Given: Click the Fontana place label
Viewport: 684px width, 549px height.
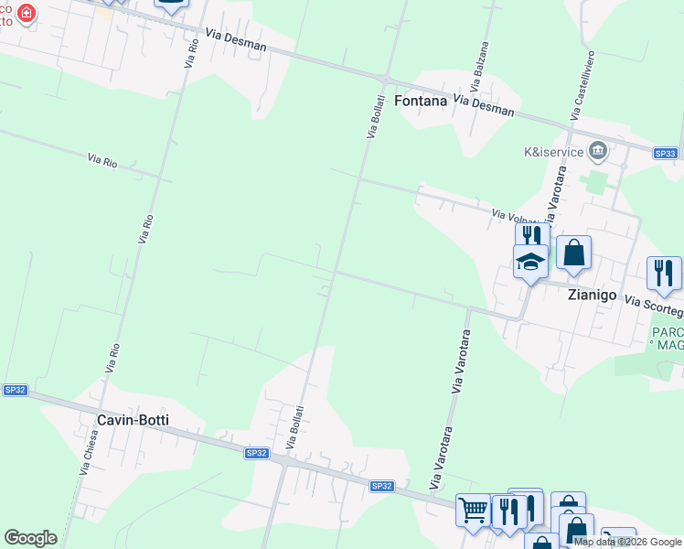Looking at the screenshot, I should [421, 101].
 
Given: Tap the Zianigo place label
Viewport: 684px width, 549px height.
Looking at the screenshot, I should [593, 296].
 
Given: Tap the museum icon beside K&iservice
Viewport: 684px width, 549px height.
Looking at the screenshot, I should [598, 149].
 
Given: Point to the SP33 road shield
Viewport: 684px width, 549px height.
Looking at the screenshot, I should [667, 154].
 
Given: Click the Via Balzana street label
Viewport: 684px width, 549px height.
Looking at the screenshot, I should [481, 64].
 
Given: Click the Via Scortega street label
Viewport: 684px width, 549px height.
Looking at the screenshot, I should [653, 301].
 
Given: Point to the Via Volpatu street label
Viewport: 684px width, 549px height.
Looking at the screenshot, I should [519, 218].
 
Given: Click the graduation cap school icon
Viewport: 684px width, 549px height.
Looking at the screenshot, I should [530, 262].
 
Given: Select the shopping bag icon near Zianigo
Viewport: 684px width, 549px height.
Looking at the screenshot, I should [573, 253].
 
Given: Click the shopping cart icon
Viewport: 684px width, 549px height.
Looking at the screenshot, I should [473, 509].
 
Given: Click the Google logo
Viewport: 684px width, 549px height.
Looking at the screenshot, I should [30, 538].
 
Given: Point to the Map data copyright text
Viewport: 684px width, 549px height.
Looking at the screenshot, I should [627, 542].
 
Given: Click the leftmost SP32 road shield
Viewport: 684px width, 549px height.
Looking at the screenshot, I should [16, 390].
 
